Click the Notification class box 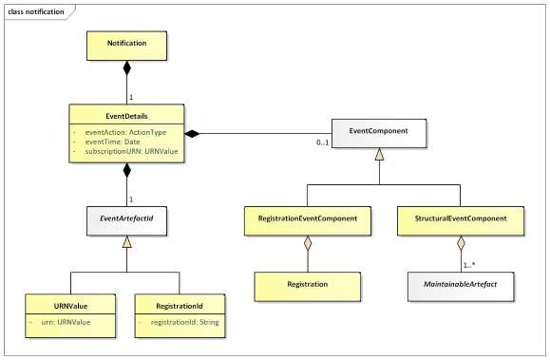click(127, 44)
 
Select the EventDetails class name click(127, 113)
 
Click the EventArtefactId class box click(127, 219)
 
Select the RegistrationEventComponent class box click(308, 219)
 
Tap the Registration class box click(308, 284)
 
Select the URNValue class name click(72, 306)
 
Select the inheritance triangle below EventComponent click(377, 154)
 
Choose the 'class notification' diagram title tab click(37, 11)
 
